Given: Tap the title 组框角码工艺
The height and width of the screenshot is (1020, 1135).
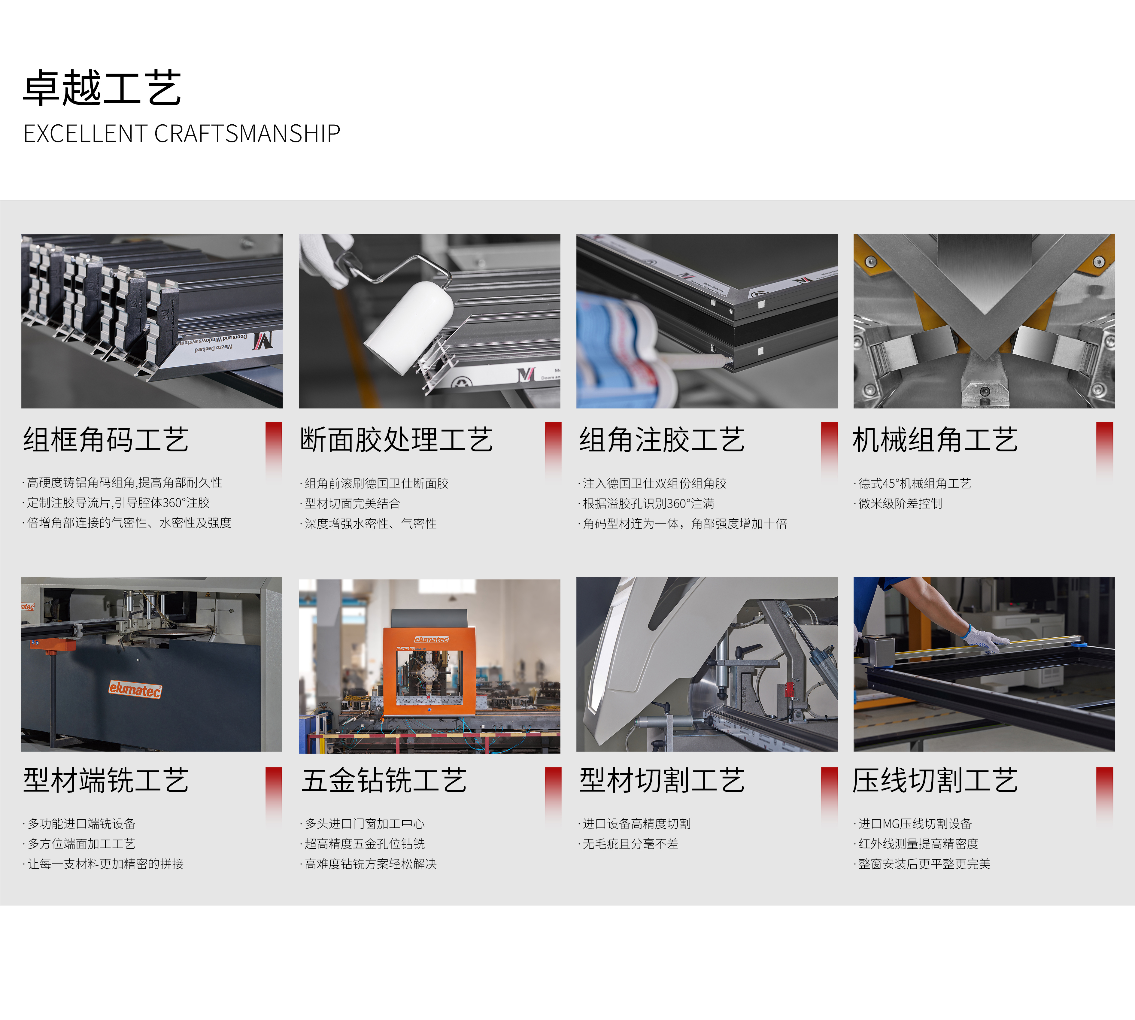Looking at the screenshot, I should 106,439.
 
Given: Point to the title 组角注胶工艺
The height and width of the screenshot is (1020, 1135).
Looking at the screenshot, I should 662,439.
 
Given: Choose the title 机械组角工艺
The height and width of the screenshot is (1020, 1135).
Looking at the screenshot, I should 935,439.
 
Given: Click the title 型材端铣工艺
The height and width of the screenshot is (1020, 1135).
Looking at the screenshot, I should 106,780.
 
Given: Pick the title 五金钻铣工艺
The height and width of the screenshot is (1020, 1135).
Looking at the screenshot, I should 384,780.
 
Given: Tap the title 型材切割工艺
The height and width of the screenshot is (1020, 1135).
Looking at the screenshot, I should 662,780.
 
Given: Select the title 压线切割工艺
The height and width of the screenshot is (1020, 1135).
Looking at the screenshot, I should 935,780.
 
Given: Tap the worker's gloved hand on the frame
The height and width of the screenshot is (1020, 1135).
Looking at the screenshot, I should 986,641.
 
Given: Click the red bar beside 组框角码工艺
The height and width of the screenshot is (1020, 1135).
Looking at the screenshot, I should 274,448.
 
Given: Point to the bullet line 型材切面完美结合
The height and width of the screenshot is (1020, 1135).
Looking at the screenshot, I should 352,503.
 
